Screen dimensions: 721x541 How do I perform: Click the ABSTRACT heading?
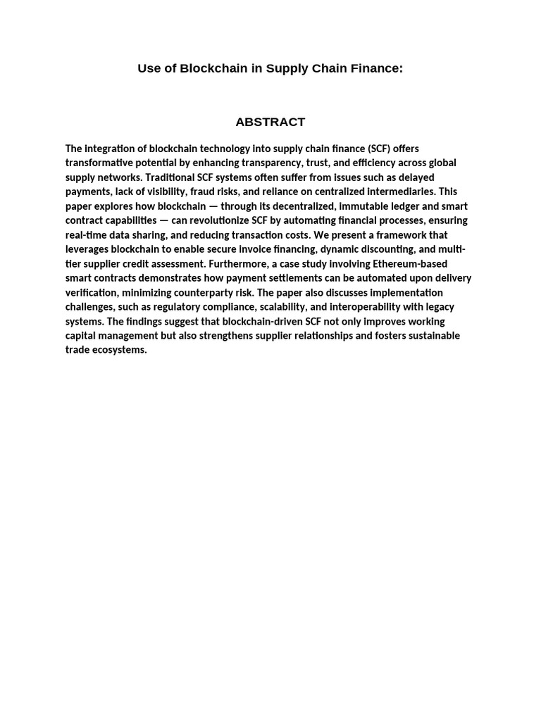(270, 122)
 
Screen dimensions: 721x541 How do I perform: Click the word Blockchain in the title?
(213, 68)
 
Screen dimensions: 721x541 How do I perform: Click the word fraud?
(225, 192)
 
